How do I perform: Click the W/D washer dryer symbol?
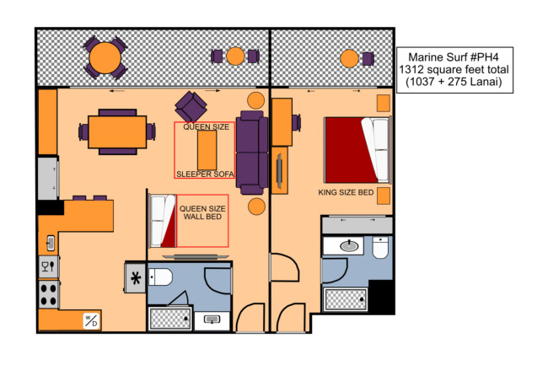pos(91,320)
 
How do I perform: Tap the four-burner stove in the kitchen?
pos(49,295)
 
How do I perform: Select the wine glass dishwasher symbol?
pos(49,267)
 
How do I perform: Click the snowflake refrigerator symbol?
pos(135,278)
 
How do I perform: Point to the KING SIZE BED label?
pos(346,192)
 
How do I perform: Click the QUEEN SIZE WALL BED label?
pos(202,212)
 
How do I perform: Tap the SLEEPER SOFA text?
pos(205,174)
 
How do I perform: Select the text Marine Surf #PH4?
pos(454,57)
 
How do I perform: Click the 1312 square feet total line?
pos(454,69)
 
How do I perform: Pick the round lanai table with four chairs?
pos(105,57)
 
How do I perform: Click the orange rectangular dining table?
pos(117,132)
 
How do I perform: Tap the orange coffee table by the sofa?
pos(207,150)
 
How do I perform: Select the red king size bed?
pos(357,150)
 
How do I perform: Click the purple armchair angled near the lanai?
pos(191,106)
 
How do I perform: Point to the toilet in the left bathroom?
pos(160,277)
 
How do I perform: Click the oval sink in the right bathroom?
pos(349,246)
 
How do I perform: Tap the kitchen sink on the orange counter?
pos(51,243)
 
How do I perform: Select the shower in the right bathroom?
pos(346,300)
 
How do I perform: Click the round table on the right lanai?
pos(349,58)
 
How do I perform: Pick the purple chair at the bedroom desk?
pos(297,123)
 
